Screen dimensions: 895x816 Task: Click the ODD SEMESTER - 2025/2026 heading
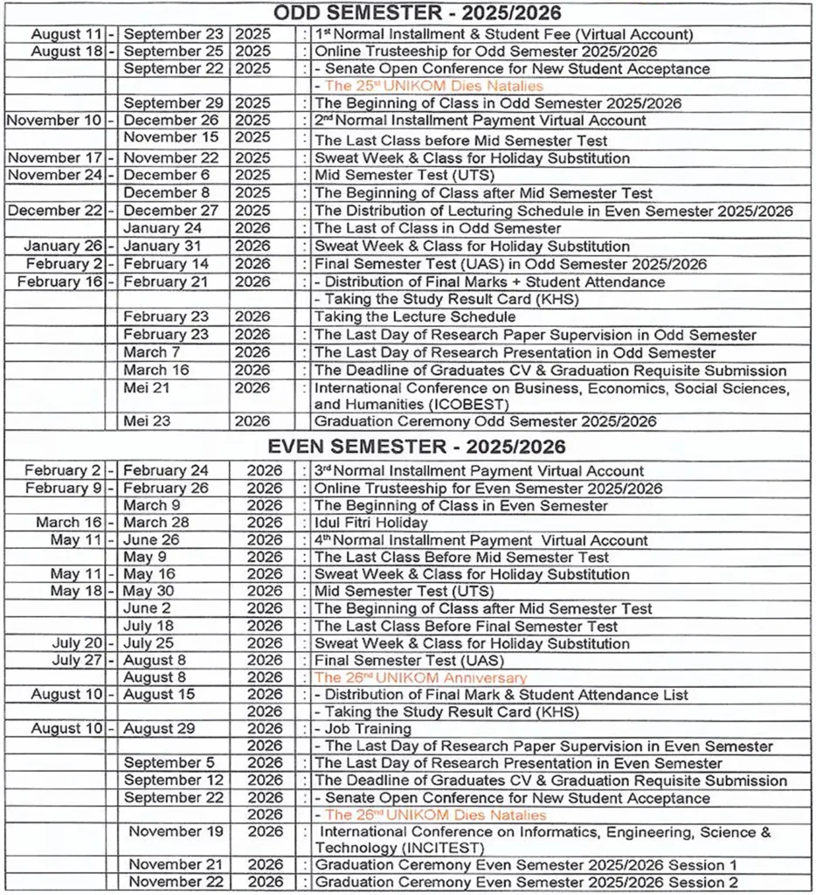pyautogui.click(x=417, y=13)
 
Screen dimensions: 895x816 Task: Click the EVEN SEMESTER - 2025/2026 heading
pyautogui.click(x=417, y=446)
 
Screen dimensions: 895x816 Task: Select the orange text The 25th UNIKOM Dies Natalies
pyautogui.click(x=433, y=86)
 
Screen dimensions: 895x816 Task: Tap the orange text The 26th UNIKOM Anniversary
pyautogui.click(x=420, y=677)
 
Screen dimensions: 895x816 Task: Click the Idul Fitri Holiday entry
pyautogui.click(x=370, y=523)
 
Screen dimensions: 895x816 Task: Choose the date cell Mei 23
pyautogui.click(x=146, y=420)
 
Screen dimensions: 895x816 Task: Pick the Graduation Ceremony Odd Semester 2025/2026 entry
pyautogui.click(x=485, y=420)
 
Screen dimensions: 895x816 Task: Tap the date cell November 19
pyautogui.click(x=177, y=831)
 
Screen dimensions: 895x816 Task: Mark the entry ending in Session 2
pyautogui.click(x=526, y=882)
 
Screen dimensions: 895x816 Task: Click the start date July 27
pyautogui.click(x=78, y=661)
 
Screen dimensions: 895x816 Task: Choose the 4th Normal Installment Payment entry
pyautogui.click(x=481, y=540)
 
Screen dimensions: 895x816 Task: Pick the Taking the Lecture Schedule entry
pyautogui.click(x=415, y=316)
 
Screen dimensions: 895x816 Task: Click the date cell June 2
pyautogui.click(x=147, y=608)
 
